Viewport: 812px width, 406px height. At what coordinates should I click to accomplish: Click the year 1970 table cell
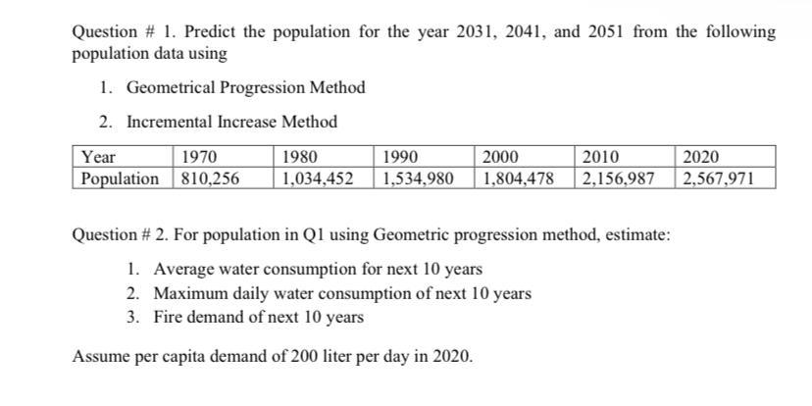click(199, 157)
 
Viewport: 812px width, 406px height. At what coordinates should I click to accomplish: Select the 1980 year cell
click(299, 157)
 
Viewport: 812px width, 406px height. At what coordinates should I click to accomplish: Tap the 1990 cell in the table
click(400, 157)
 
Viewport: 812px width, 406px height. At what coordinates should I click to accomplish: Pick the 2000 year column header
click(500, 157)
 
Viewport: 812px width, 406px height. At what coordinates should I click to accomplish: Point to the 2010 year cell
click(601, 157)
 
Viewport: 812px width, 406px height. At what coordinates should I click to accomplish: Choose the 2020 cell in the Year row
click(701, 157)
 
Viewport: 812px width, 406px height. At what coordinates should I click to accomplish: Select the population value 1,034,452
click(317, 178)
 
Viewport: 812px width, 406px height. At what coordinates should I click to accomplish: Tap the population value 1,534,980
click(418, 178)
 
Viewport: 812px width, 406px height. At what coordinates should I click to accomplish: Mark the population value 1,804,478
click(519, 178)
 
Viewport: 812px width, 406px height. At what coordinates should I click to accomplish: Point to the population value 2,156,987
click(620, 178)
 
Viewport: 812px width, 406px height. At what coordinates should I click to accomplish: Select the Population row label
click(121, 178)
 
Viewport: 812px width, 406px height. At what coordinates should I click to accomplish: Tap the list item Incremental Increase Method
click(231, 122)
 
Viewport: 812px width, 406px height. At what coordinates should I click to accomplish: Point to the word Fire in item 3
click(168, 318)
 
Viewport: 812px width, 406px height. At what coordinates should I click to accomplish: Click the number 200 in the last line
click(302, 357)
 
